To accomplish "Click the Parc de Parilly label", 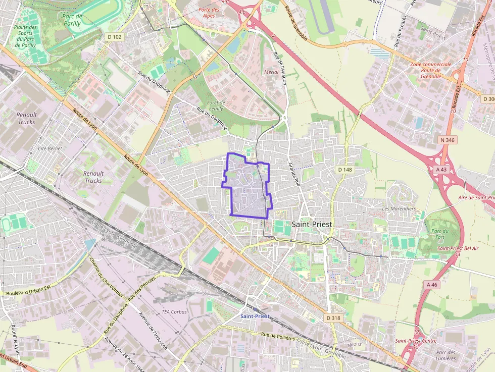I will click(x=72, y=20).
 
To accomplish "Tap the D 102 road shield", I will click(x=115, y=36).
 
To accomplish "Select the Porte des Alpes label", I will click(x=209, y=13).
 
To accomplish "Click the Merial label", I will click(x=271, y=72).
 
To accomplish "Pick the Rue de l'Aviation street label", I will click(x=279, y=68).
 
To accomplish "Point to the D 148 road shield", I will click(x=344, y=170).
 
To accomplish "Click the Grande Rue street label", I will click(x=293, y=175).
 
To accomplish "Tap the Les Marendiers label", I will click(x=399, y=208).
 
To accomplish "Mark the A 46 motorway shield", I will click(x=432, y=285).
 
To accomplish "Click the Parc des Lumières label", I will click(x=445, y=355).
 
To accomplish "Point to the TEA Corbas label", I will click(x=174, y=312).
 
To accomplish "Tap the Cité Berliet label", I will click(x=49, y=149).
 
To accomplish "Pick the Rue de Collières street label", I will click(x=278, y=336).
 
